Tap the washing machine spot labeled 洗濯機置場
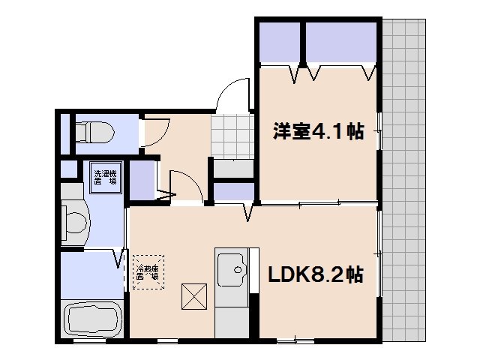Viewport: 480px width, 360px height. coord(105,179)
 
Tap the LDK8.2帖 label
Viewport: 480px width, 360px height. coord(316,275)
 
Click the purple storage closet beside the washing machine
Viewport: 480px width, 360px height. coord(141,179)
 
